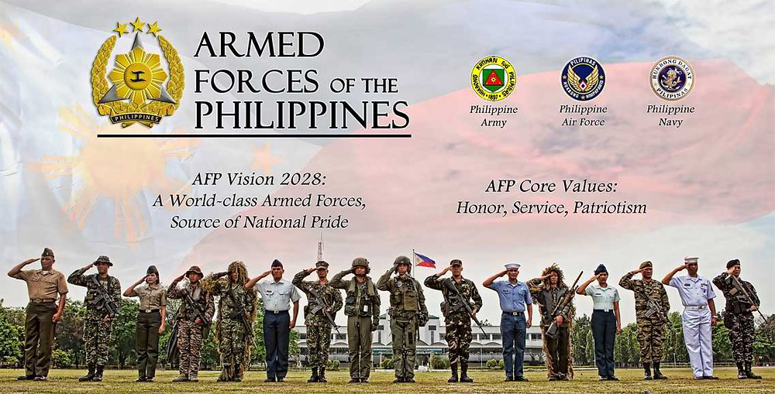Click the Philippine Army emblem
[493, 78]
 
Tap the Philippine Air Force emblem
[583, 78]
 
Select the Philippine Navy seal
[671, 78]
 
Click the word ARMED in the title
[259, 46]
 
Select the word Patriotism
[609, 207]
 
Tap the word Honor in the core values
[476, 207]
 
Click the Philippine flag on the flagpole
[425, 260]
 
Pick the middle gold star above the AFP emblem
[137, 25]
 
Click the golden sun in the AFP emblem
[137, 76]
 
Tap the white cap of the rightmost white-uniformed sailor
[691, 260]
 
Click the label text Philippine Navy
[671, 115]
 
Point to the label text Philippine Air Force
[583, 115]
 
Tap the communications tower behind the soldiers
[319, 249]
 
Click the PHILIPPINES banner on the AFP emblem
[136, 119]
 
